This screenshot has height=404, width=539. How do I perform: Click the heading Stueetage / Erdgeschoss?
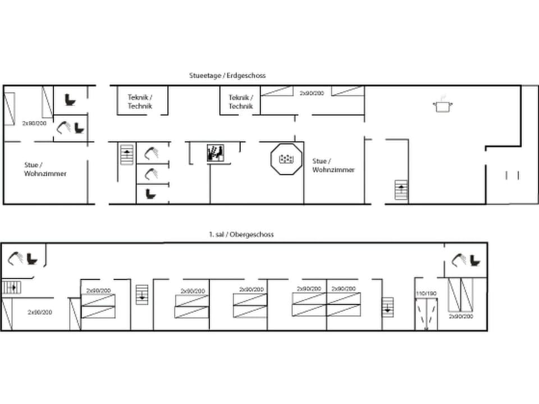point(227,75)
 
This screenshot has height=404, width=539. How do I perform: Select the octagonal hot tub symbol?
point(287,159)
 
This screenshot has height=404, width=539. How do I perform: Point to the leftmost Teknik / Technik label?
point(140,101)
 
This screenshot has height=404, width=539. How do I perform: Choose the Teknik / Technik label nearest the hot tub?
point(241,102)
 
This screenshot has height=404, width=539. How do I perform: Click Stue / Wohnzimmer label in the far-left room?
point(45,169)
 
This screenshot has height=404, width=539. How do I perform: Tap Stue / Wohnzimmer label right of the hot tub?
point(334,165)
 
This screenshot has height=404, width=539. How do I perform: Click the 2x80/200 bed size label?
point(34,122)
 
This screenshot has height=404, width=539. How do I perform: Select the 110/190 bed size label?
point(426,293)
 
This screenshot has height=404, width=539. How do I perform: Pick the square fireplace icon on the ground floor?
point(216,153)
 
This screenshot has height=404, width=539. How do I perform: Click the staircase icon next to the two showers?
point(127,154)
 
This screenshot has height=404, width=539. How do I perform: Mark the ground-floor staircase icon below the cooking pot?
point(401,190)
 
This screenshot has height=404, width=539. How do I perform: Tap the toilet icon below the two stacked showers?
point(150,194)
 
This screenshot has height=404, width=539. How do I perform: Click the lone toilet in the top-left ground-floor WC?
point(70,100)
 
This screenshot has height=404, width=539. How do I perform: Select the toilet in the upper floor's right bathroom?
point(475,260)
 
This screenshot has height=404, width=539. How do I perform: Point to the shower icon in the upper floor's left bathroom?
point(17,258)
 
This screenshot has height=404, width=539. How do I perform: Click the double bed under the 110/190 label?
point(426,314)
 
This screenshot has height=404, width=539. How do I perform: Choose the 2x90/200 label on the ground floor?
point(312,93)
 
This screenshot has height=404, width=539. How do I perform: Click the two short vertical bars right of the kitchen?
point(512,175)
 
